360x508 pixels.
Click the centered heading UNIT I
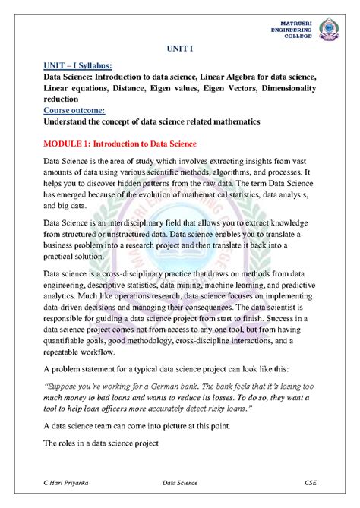pos(180,47)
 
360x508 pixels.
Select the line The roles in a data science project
pos(100,442)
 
